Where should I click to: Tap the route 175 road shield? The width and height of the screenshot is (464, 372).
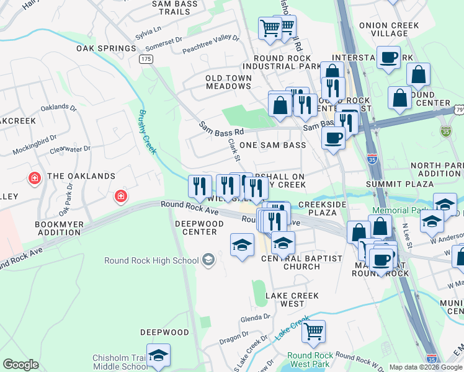[x=146, y=59]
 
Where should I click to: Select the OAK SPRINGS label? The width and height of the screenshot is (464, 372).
[x=106, y=48]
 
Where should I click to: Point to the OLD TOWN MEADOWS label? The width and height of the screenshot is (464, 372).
[x=229, y=82]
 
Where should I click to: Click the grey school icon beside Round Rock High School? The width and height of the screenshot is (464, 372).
[x=208, y=260]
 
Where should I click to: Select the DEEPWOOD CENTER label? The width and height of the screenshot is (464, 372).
[x=195, y=228]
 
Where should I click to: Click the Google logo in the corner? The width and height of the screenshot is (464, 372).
[x=21, y=365]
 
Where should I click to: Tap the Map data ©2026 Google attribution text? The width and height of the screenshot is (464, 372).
[x=426, y=367]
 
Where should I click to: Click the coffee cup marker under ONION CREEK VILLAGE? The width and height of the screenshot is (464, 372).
[x=389, y=58]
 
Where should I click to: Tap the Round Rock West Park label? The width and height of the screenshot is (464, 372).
[x=310, y=360]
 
